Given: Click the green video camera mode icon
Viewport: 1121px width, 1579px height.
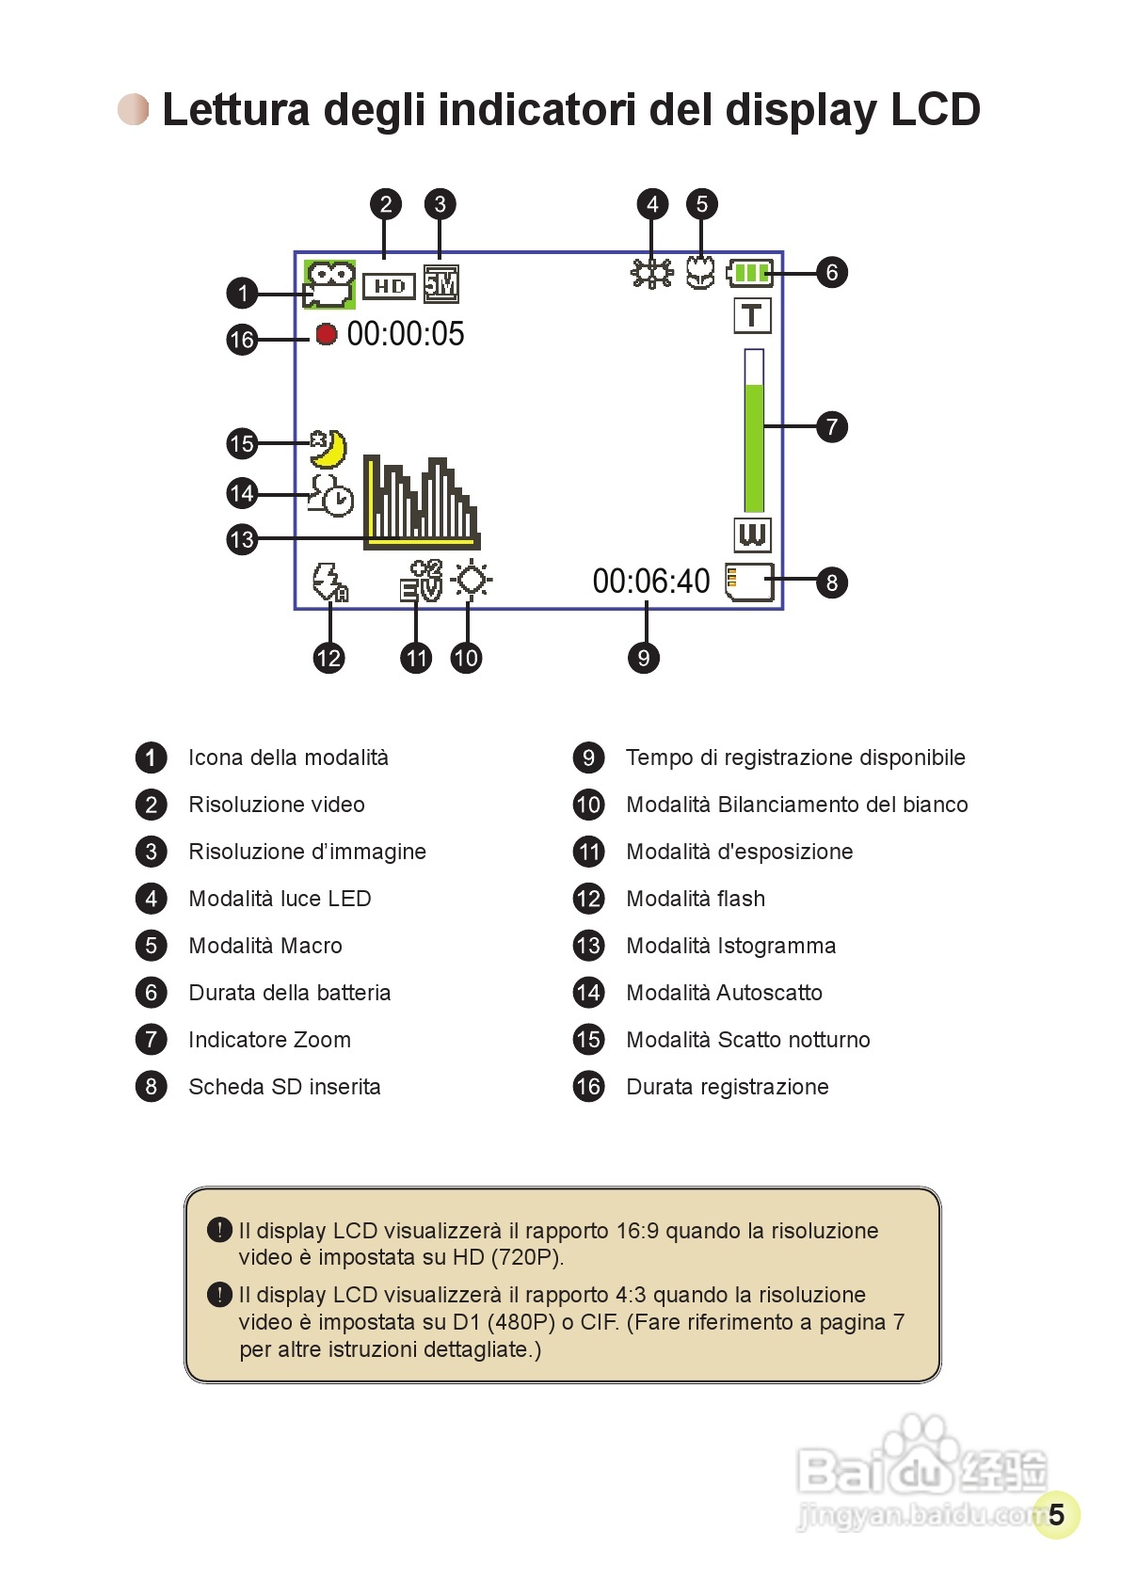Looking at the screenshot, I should (328, 284).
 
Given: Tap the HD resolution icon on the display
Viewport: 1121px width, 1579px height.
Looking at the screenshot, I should (389, 285).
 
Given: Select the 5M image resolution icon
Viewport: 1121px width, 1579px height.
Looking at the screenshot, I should (440, 284).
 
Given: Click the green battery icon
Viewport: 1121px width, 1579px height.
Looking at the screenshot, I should (750, 274).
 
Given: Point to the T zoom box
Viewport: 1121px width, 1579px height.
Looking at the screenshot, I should (752, 316).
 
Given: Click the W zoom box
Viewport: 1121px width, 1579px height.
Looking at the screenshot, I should (752, 534).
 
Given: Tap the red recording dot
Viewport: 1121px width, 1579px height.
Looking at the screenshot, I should (326, 334).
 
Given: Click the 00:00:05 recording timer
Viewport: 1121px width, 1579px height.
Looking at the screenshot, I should (406, 334).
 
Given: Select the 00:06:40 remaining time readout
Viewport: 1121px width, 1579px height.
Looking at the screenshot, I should (651, 582).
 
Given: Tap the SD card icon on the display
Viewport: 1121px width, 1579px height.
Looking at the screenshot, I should (749, 582).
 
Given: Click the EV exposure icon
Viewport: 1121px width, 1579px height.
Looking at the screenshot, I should (420, 581).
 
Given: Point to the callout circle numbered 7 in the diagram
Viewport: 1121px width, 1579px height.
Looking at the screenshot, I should (831, 426).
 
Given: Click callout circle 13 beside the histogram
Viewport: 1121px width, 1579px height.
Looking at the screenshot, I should (242, 539).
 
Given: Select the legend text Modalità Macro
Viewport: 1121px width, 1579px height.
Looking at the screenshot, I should (265, 946).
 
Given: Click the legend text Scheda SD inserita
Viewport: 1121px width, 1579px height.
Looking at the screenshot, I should (284, 1087).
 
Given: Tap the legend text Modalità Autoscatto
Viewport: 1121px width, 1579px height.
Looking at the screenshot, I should (724, 993).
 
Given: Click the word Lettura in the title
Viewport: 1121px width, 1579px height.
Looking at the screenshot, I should (235, 110).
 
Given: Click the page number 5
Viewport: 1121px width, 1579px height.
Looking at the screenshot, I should (1056, 1514).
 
